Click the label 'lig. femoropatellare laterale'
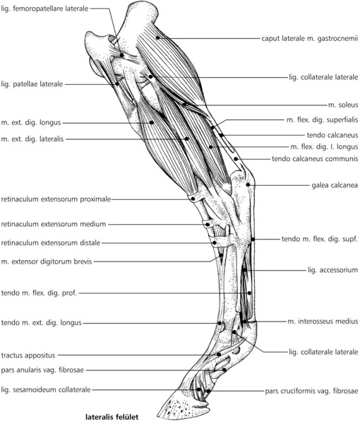click(44, 8)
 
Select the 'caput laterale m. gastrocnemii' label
click(310, 38)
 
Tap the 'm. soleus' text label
click(343, 105)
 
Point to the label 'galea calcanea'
click(335, 185)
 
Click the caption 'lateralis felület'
click(112, 417)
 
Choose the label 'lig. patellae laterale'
click(32, 84)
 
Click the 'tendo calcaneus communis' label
click(315, 159)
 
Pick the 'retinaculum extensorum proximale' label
click(56, 199)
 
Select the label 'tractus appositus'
click(28, 355)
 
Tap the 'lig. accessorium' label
click(332, 270)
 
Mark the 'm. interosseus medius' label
click(323, 322)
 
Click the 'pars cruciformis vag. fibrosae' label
click(311, 391)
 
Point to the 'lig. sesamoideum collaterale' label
click(46, 389)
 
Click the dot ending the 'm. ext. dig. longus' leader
click(152, 122)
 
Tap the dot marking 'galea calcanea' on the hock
click(248, 184)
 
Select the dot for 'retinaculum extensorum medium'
click(208, 225)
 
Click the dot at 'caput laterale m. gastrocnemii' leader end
click(157, 37)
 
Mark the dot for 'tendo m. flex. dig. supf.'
click(253, 239)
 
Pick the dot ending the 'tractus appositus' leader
click(220, 354)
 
